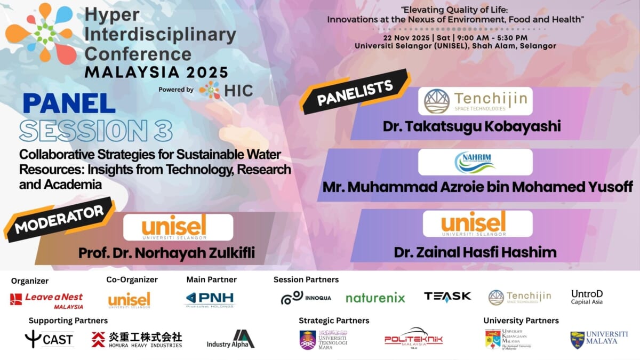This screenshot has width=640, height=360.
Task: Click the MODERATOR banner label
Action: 59,219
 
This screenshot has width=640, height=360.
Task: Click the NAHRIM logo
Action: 475,162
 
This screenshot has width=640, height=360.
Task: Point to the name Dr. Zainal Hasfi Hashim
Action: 475,252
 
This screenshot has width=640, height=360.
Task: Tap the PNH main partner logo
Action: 210,299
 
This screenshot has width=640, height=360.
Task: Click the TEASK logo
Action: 447,297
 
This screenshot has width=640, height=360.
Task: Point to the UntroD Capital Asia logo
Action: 587,297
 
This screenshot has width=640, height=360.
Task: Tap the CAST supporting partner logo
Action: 50,339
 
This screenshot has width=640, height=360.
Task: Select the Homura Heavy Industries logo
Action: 137,339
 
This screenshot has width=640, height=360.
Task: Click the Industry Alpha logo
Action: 230,340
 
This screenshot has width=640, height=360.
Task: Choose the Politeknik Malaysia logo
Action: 413,338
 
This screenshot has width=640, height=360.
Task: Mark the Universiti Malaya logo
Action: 598,339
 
